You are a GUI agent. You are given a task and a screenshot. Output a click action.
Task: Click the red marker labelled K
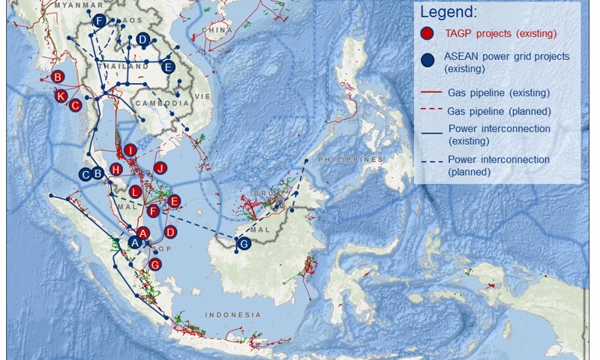click(x=61, y=95)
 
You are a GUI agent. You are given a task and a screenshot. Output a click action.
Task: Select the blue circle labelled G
click(x=243, y=244)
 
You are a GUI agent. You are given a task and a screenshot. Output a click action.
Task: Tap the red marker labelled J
click(x=159, y=167)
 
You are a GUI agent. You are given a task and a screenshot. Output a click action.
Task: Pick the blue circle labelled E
click(x=168, y=67)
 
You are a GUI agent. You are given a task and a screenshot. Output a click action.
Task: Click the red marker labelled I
click(x=130, y=151)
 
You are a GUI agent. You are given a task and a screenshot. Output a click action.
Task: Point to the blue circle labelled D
click(x=142, y=40)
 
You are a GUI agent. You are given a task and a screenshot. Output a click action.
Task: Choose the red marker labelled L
click(x=135, y=191)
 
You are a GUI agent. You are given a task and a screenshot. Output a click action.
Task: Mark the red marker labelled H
click(x=116, y=169)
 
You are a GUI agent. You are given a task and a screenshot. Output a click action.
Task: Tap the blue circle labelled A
click(x=135, y=242)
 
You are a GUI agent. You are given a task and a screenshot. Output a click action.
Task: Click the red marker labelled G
click(x=155, y=264)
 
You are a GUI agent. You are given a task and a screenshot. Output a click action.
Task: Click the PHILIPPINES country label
click(x=349, y=160)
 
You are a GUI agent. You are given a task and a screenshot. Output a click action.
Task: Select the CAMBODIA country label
click(x=161, y=103)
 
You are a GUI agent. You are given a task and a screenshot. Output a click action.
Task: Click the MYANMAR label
click(x=62, y=4)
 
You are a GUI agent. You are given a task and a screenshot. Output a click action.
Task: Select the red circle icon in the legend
click(x=427, y=33)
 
